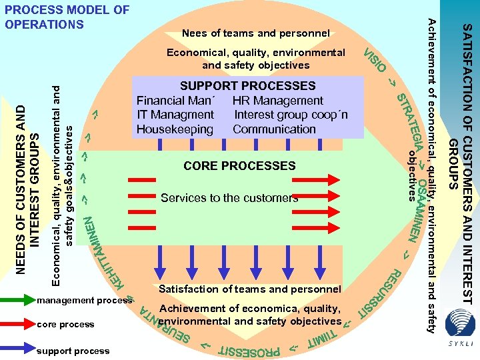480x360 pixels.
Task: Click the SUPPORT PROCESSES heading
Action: pos(247,86)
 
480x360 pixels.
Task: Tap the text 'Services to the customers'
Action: pos(229,198)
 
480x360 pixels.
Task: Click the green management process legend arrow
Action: pos(19,301)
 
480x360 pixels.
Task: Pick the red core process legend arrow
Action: pos(19,325)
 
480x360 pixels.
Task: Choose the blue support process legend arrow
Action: pos(19,348)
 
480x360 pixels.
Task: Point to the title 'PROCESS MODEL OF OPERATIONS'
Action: pos(67,17)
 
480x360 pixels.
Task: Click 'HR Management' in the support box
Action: pos(277,101)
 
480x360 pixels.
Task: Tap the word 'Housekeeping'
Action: pos(175,129)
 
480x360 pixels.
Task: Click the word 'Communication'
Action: pos(274,129)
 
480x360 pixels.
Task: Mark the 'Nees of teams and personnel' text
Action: pos(256,33)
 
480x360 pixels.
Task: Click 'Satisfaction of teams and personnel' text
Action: pos(250,289)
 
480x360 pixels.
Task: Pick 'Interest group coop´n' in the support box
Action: pos(291,115)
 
